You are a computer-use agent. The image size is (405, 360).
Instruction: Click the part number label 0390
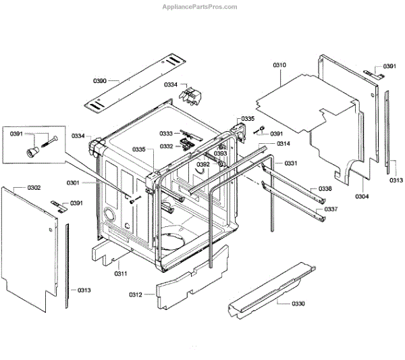101,81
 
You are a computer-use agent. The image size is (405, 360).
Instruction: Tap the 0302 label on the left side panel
34,187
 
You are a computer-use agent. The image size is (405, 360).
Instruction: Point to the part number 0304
362,196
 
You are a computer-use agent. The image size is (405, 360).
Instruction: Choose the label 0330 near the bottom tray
298,304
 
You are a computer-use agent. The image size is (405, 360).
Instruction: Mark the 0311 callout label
121,273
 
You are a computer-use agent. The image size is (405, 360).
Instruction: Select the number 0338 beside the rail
325,188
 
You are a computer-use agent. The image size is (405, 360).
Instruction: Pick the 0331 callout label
291,164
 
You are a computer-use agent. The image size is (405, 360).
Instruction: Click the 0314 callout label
283,144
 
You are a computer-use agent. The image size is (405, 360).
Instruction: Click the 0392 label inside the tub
202,164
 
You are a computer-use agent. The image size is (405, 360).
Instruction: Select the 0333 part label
166,133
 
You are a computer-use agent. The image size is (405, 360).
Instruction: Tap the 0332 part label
166,146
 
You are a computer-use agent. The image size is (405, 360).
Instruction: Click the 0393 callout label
221,154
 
